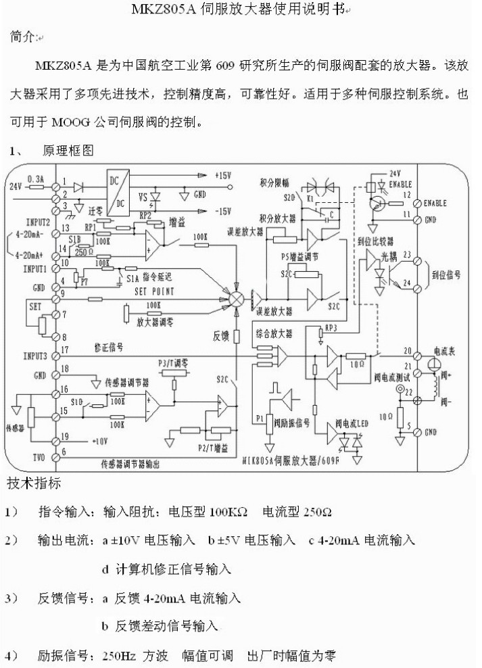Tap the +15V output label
point(222,175)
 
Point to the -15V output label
point(222,211)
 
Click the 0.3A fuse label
point(36,179)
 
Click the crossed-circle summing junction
point(237,298)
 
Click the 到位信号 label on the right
point(446,275)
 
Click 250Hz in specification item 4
point(118,656)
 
